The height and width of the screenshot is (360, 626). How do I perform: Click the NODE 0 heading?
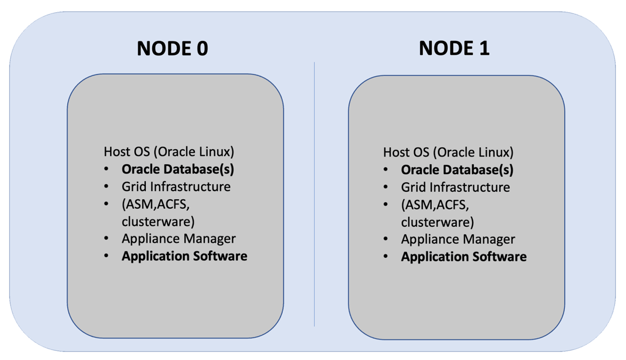[x=172, y=48]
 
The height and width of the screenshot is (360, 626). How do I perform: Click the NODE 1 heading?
[x=454, y=48]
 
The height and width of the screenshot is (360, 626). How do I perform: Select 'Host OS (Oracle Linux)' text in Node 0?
[x=169, y=152]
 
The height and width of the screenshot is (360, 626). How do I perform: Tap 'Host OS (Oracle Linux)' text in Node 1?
[x=448, y=152]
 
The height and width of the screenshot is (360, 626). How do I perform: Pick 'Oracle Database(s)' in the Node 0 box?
[x=178, y=169]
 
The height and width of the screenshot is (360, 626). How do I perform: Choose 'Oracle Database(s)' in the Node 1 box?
[x=457, y=170]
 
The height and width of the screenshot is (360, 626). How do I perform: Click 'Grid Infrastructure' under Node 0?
[x=176, y=187]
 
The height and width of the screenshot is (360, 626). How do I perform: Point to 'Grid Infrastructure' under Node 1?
[x=455, y=187]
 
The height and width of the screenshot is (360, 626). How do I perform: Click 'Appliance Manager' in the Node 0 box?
[x=178, y=239]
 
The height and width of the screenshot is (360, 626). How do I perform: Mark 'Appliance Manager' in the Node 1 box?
[x=458, y=239]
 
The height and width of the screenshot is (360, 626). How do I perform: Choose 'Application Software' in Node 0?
[x=184, y=256]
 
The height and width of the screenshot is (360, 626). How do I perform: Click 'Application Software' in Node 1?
[x=464, y=257]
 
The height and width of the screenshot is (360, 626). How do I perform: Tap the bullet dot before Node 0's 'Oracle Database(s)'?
[x=107, y=169]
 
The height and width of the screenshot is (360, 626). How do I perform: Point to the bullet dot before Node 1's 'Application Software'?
[x=386, y=257]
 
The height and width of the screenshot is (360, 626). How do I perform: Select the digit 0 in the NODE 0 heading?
[x=201, y=48]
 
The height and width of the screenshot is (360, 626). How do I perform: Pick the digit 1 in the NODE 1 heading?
[x=482, y=48]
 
